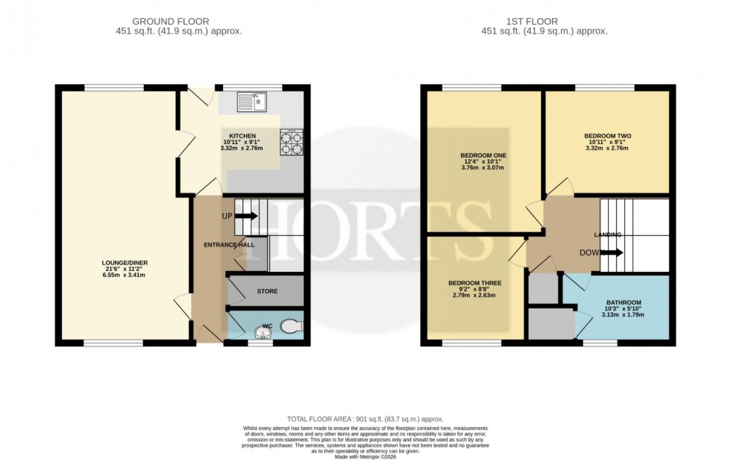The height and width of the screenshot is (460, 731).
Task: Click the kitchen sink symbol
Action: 251,100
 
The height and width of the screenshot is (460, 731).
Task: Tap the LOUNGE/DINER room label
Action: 123,263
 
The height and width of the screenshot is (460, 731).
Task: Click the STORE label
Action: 267,291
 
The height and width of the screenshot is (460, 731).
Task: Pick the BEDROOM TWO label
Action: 607,136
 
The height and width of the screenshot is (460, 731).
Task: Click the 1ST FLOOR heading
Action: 546,22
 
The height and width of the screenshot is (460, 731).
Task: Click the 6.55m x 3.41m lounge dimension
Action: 123,275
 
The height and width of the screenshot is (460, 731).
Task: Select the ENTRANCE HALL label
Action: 230,245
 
